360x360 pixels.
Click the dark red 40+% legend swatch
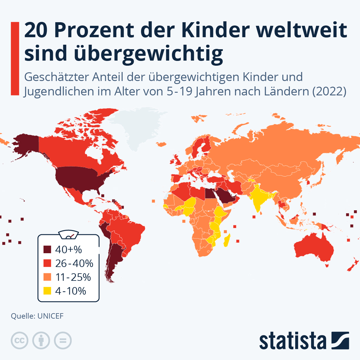[x=47, y=250]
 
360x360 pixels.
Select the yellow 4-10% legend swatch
[x=47, y=291]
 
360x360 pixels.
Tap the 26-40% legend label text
[x=74, y=263]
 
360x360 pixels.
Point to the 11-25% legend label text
[x=73, y=277]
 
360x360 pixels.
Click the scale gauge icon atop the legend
[x=69, y=235]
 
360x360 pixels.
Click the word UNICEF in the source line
[x=50, y=316]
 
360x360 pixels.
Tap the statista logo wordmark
[x=292, y=341]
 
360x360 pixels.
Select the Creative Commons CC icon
[x=19, y=340]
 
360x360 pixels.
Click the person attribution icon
[x=41, y=340]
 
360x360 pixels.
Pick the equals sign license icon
[x=63, y=340]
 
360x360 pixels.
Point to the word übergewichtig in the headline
[x=148, y=54]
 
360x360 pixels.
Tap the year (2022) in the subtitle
[x=329, y=91]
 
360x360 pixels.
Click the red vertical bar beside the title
[x=15, y=58]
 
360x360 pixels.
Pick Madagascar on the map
[x=227, y=240]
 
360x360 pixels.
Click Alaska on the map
[x=25, y=144]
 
